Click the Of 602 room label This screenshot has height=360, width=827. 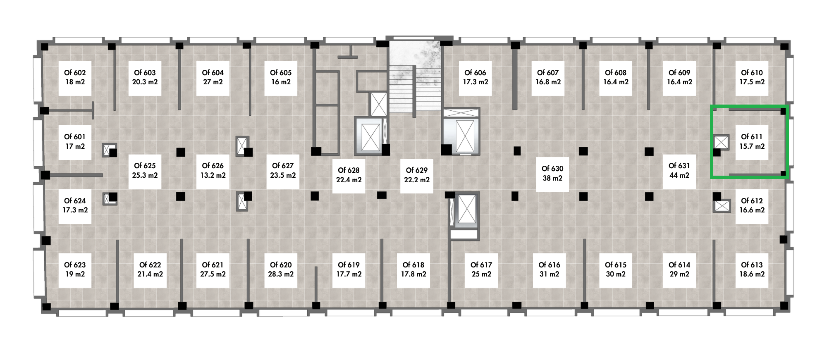75,73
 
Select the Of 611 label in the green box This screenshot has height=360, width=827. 752,137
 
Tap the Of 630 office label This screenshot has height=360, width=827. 552,169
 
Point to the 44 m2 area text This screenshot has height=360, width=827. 679,175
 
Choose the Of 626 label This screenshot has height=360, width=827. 213,166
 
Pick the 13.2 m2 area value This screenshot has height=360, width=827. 213,175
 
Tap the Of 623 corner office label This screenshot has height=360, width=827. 75,265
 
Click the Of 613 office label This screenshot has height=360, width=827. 752,265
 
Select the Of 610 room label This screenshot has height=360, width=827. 752,73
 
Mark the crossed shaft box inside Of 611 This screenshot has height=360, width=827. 722,142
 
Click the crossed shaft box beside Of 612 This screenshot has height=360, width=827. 722,206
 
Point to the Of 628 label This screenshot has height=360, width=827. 349,170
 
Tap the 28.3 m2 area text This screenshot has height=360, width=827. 281,274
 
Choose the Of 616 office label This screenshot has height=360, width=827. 549,265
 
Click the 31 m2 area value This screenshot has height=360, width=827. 549,274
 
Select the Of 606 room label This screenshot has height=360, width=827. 475,73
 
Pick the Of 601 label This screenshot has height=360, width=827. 75,137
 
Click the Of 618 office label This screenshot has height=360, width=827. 413,265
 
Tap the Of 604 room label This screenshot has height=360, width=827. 213,73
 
